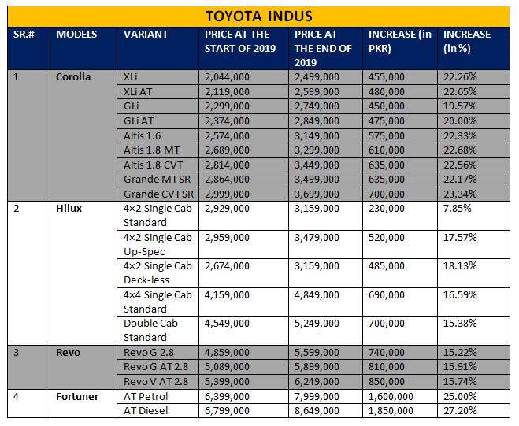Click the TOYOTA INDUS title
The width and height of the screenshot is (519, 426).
(259, 17)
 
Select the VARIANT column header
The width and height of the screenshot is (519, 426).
(146, 35)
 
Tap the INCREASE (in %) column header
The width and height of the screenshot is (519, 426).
(467, 42)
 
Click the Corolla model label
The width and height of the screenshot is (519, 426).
(73, 77)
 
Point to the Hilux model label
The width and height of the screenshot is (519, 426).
(69, 208)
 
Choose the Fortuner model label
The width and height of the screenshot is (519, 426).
(77, 396)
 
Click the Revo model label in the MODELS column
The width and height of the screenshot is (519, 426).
(68, 352)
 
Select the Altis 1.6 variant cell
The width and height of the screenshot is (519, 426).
(142, 135)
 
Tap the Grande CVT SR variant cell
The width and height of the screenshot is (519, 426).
(158, 194)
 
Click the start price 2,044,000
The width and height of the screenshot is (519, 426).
(227, 77)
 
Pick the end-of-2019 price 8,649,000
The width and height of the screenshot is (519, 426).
(317, 411)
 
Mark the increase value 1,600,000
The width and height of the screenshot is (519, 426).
(391, 396)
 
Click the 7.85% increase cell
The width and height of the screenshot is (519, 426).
(457, 208)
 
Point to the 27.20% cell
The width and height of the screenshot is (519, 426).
(460, 411)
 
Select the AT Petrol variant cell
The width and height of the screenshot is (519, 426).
(146, 396)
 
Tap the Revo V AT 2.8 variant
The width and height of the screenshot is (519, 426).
(156, 381)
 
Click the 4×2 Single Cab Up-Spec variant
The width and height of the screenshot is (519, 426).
(158, 245)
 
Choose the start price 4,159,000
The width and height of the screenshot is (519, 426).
(227, 295)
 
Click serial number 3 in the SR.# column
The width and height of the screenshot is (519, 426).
(17, 352)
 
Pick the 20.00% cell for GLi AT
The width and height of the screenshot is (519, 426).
(460, 120)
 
